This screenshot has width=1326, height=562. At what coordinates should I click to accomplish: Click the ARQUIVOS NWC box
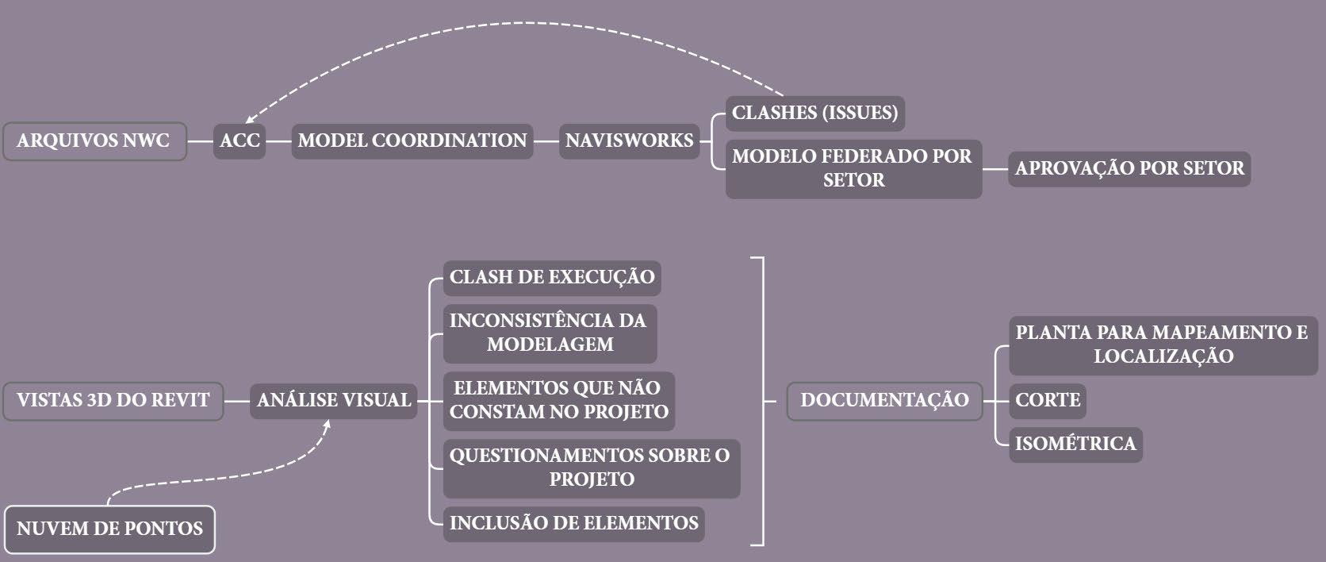[x=94, y=141]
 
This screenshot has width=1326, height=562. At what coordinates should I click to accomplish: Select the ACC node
[x=240, y=141]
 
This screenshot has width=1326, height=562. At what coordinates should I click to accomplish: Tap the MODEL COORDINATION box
[x=412, y=141]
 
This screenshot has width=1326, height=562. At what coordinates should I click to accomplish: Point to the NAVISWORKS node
[x=630, y=141]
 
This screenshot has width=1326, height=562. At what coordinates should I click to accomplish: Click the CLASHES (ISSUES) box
[x=815, y=113]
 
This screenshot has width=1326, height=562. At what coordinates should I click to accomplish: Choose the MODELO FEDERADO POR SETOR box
[x=853, y=168]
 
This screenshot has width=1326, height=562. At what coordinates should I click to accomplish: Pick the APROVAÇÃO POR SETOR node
[x=1129, y=169]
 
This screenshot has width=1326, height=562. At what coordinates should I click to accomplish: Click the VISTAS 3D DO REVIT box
[x=113, y=400]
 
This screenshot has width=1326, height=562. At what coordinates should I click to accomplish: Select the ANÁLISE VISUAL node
[x=334, y=400]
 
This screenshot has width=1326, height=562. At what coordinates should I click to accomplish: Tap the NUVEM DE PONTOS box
[x=109, y=529]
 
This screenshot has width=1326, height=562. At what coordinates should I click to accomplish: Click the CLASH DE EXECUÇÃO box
[x=552, y=278]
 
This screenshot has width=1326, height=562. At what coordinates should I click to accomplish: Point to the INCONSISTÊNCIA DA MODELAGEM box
[x=550, y=333]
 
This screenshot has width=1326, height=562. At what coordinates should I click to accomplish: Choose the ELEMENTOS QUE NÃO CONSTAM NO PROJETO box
[x=558, y=401]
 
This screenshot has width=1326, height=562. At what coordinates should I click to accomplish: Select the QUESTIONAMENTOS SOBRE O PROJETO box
[x=591, y=468]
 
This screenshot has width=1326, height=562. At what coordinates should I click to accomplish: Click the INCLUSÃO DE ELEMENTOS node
[x=573, y=523]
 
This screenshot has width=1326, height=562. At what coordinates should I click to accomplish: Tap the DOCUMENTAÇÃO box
[x=884, y=400]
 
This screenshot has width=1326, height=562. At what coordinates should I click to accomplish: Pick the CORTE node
[x=1047, y=400]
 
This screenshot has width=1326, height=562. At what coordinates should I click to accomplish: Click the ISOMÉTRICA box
[x=1075, y=444]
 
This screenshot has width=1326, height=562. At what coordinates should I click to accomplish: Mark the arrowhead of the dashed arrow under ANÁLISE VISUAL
[x=325, y=423]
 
